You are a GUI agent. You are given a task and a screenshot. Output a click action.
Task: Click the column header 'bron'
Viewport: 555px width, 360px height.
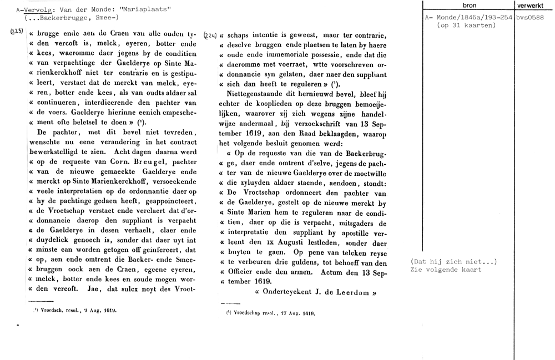pyautogui.click(x=469, y=5)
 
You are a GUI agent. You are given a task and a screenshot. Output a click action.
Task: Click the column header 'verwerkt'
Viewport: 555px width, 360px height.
pyautogui.click(x=534, y=5)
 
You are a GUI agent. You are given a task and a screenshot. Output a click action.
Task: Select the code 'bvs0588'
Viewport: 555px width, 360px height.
pyautogui.click(x=533, y=18)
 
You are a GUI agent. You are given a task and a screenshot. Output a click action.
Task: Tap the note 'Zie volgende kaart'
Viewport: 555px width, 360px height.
pyautogui.click(x=446, y=270)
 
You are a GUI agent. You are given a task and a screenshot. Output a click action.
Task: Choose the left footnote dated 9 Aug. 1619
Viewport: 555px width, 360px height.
pyautogui.click(x=75, y=311)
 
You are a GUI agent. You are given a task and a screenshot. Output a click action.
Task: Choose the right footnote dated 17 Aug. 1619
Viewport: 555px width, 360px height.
pyautogui.click(x=271, y=313)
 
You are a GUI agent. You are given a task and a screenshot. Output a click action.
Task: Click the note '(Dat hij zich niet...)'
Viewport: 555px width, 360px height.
pyautogui.click(x=453, y=262)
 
